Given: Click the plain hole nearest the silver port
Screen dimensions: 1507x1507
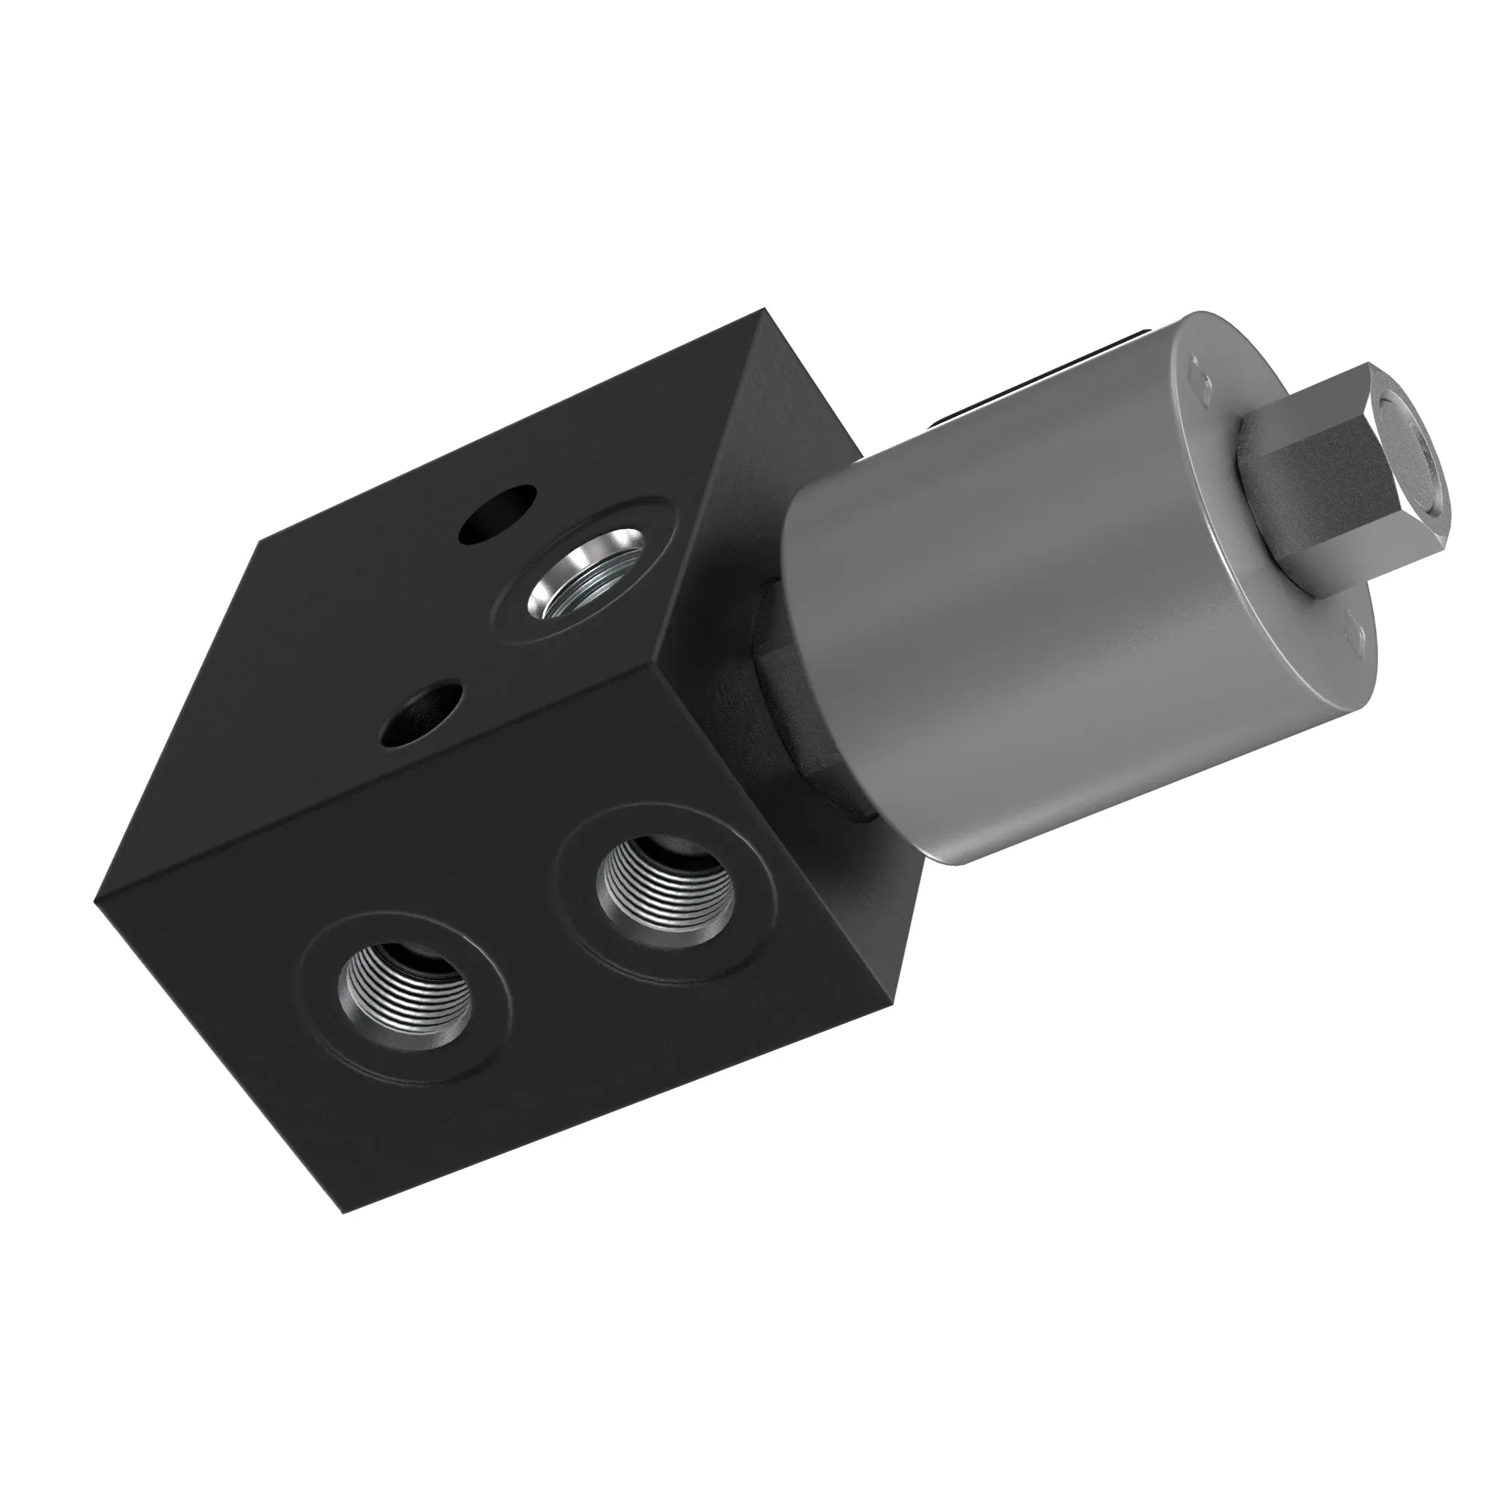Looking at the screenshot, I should [497, 515].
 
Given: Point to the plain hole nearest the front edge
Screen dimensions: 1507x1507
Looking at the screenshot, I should [420, 712].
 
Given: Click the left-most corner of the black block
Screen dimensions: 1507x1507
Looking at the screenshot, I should [94, 903].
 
